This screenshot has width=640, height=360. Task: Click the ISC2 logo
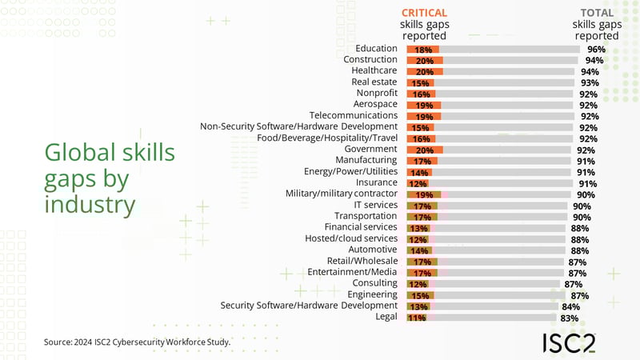pos(569,343)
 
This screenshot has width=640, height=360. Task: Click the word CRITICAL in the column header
pos(424,13)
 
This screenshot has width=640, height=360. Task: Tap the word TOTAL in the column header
pos(597,13)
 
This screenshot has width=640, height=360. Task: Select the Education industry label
pos(377,48)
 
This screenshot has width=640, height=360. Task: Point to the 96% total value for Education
pos(596,49)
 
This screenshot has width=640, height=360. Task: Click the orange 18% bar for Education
pos(422,49)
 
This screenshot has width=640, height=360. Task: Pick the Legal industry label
pos(386,317)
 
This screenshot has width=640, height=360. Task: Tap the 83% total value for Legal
pos(570,318)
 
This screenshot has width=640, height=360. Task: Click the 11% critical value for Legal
pos(416,318)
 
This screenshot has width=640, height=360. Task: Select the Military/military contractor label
pos(342,194)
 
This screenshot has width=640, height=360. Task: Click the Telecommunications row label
pos(354,115)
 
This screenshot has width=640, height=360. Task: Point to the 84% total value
pos(571,306)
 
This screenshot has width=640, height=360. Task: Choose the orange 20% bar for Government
pos(425,150)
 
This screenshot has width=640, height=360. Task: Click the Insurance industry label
pos(374,182)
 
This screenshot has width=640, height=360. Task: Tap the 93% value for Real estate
pos(590,82)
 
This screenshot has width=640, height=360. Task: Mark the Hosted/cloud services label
pos(351,238)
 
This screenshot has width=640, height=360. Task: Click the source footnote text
pos(137,342)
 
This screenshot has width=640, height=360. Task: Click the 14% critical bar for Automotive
pos(419,250)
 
